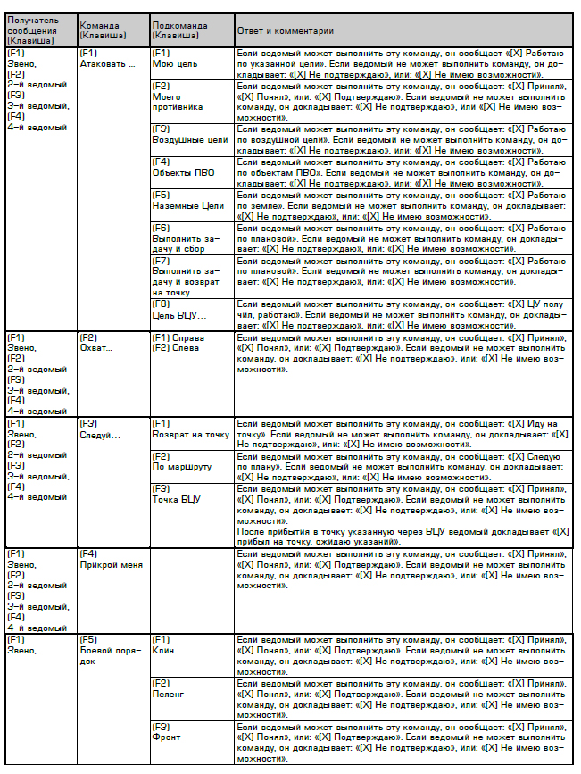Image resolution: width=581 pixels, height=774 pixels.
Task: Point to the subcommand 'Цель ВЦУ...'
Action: [178, 315]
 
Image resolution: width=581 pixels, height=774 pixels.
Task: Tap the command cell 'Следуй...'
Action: [99, 435]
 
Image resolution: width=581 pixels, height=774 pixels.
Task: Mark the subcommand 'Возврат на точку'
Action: [190, 435]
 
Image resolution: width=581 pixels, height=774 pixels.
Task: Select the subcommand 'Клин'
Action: [163, 651]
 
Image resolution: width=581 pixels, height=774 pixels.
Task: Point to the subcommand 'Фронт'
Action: [166, 737]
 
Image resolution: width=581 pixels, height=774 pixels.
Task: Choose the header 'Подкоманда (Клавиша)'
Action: [180, 30]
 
